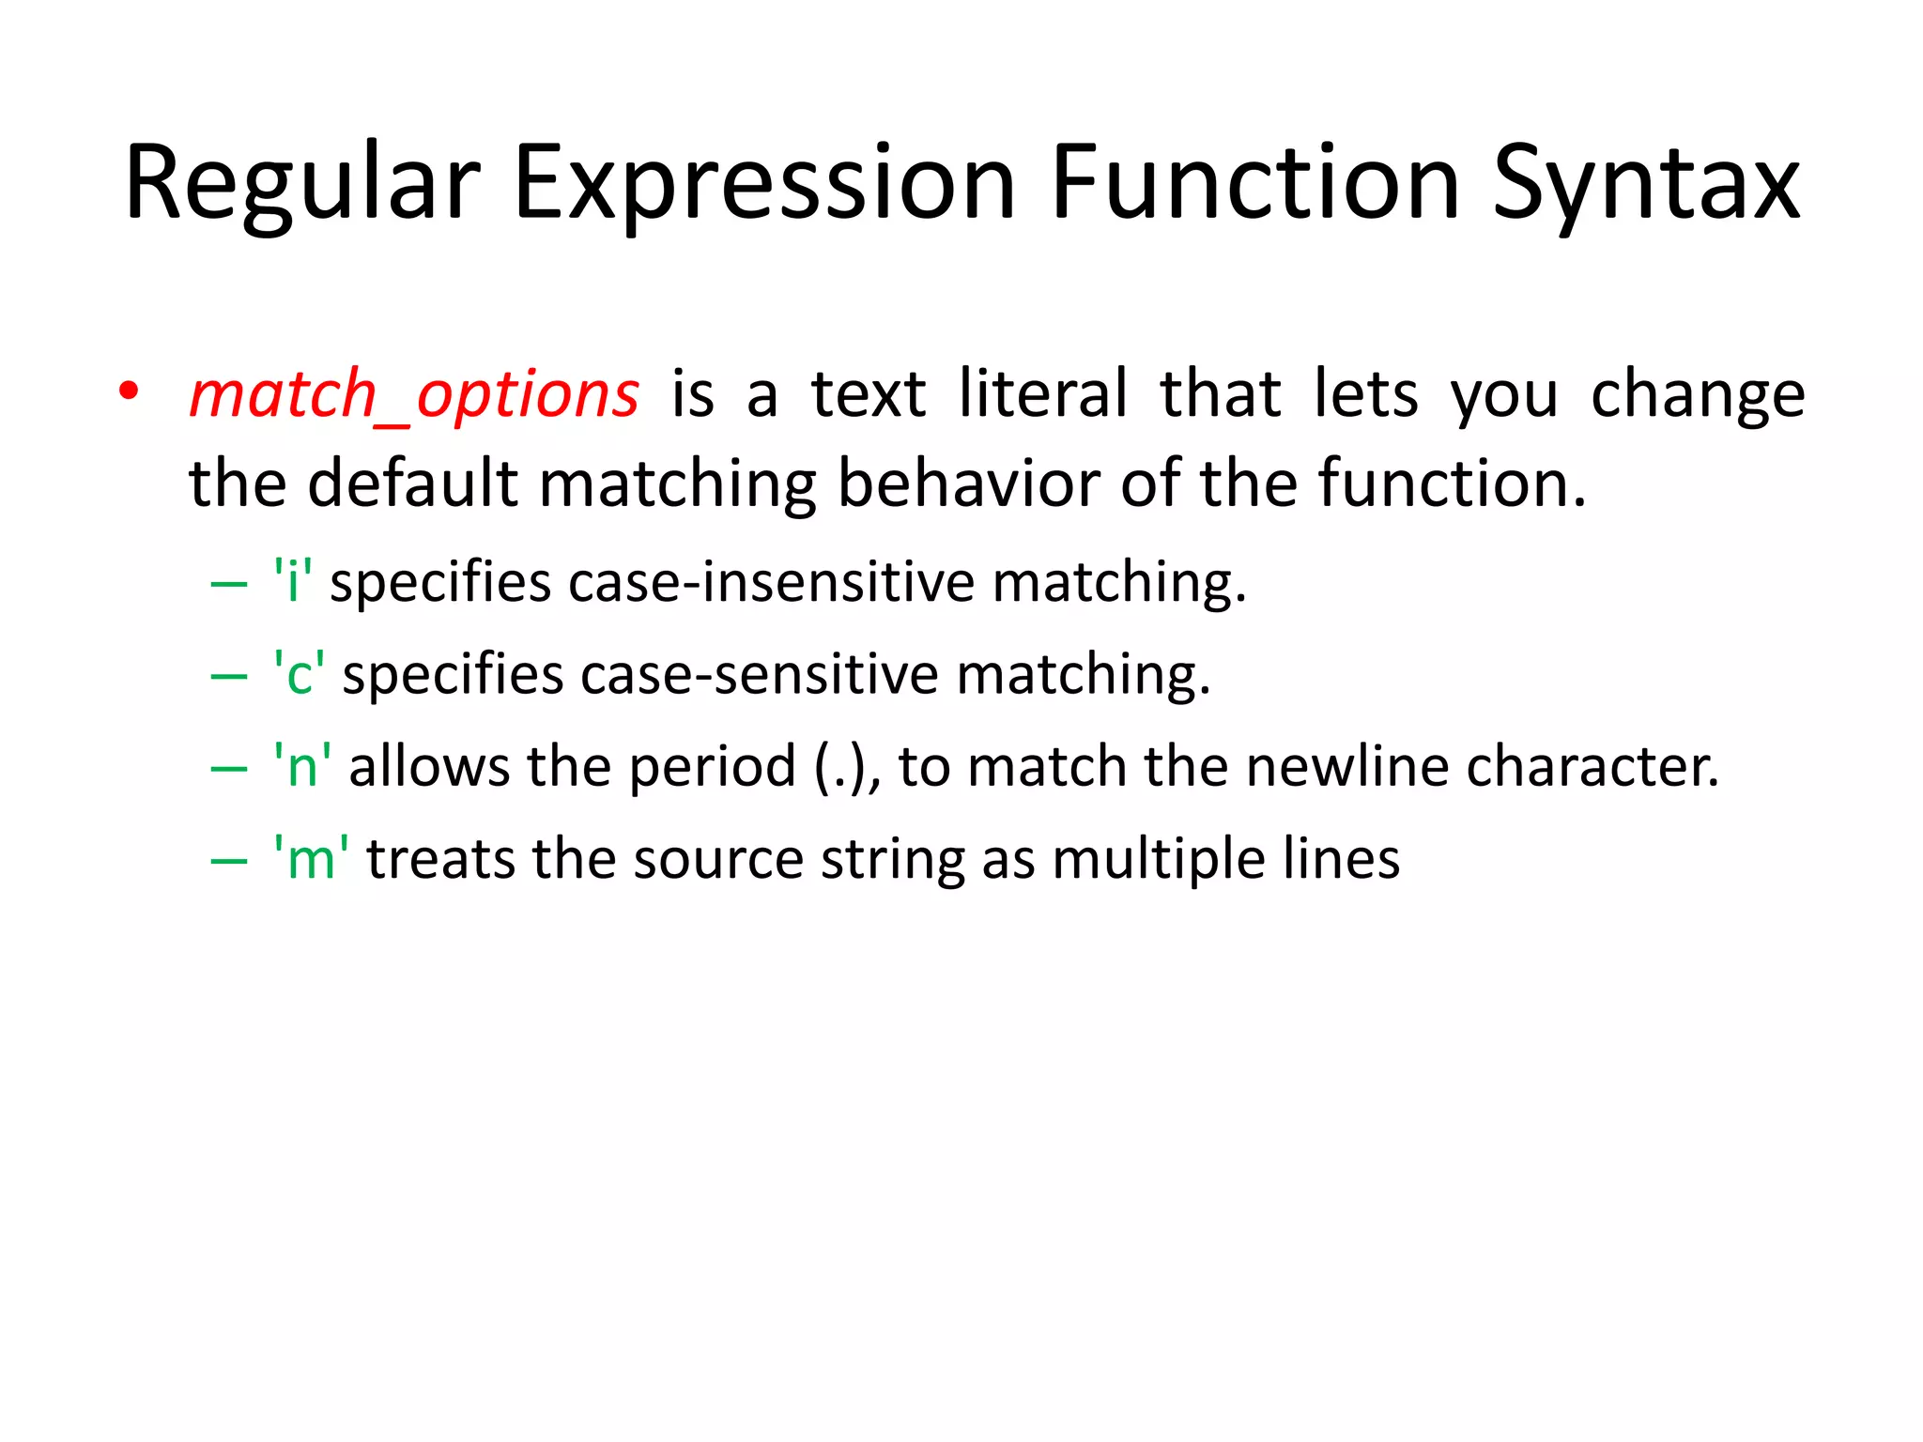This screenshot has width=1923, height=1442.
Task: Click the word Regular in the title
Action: point(302,184)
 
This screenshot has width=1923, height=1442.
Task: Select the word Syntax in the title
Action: point(1646,184)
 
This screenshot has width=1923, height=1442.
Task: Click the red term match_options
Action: point(414,394)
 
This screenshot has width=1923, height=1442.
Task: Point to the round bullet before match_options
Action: point(129,390)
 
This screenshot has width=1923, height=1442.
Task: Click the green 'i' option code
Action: point(293,581)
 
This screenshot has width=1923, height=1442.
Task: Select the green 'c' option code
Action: point(300,674)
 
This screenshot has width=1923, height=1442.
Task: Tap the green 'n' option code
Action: point(302,766)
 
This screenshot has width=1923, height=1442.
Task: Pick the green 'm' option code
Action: point(311,858)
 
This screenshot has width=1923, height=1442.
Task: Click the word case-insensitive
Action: point(772,581)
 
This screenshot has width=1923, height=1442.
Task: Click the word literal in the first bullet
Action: point(1043,394)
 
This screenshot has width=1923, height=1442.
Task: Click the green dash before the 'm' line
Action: point(229,860)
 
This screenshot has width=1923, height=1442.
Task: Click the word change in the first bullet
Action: point(1698,394)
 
